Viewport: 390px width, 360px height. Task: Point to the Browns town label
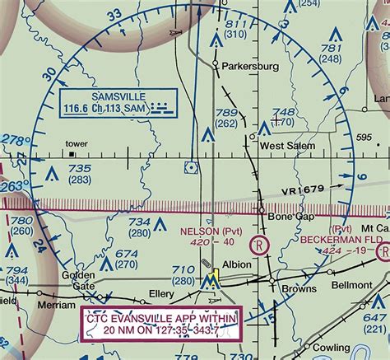299,289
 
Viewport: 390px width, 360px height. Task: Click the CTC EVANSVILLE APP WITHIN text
160,318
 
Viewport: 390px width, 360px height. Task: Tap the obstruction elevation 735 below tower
79,168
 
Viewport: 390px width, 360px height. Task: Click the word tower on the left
77,143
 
